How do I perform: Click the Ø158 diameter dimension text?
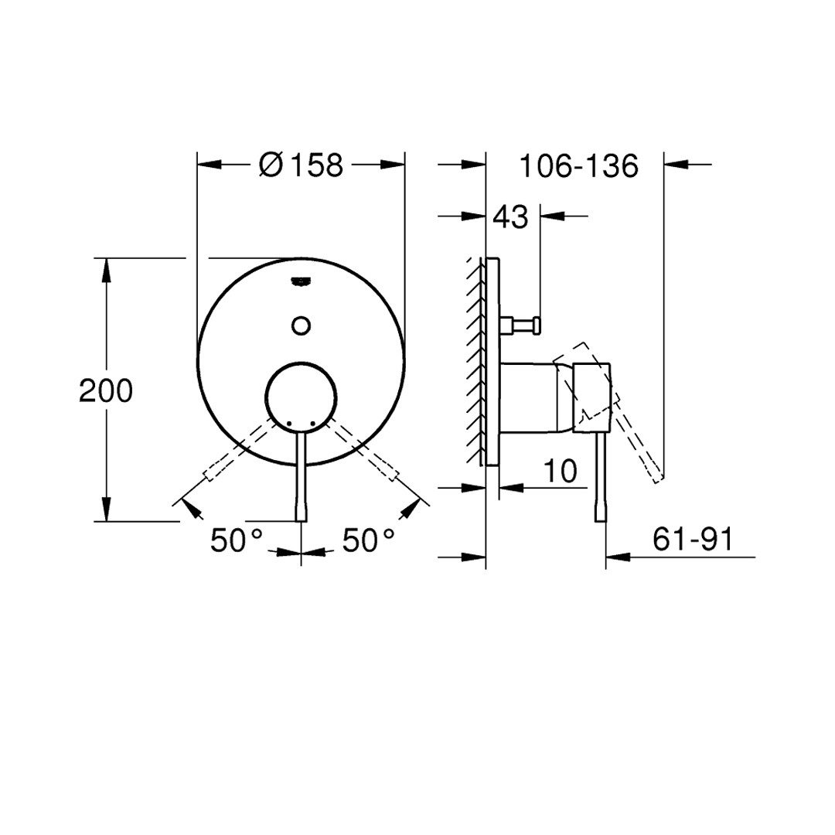point(301,165)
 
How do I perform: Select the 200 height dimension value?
point(105,390)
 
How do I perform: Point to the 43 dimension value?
point(510,216)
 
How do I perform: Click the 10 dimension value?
point(561,471)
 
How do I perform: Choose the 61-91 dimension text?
point(693,540)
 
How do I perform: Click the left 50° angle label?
point(237,540)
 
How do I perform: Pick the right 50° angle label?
point(368,540)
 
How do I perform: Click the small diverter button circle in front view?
point(302,325)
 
